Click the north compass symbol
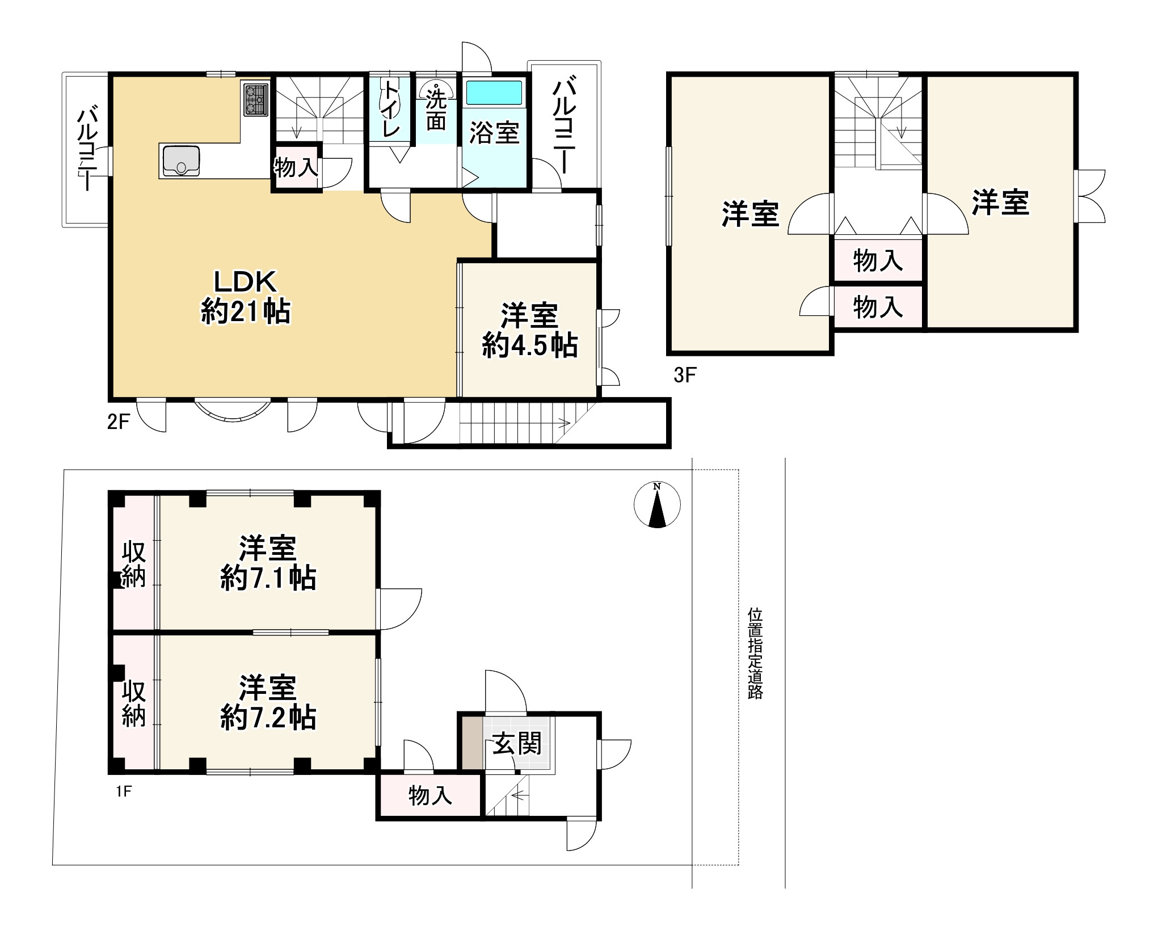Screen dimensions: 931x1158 click(x=657, y=505)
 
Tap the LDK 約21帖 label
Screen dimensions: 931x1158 click(x=245, y=297)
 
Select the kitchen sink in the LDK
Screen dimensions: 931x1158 click(x=181, y=161)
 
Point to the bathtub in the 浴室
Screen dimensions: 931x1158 click(x=494, y=92)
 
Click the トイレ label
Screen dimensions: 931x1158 click(x=391, y=109)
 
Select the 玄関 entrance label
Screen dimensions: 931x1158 click(x=516, y=743)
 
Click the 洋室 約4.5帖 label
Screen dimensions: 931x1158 click(x=529, y=331)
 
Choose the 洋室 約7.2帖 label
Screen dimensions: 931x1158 click(x=267, y=702)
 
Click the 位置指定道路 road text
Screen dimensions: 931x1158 click(x=755, y=653)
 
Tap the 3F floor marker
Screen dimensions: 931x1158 click(x=685, y=375)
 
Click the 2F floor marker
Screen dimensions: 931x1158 click(x=119, y=423)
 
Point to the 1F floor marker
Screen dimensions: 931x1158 click(x=124, y=791)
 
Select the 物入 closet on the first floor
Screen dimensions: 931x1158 click(x=430, y=795)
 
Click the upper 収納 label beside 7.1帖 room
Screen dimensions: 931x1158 click(x=134, y=564)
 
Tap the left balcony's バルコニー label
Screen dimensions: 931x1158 click(x=87, y=150)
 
